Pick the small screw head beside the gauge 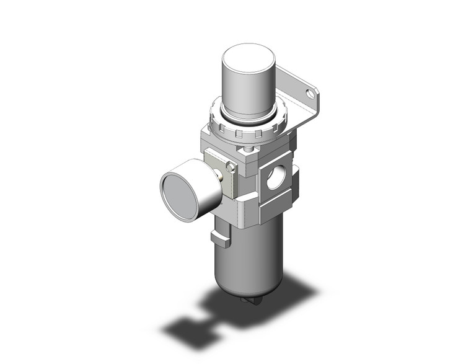pyautogui.click(x=231, y=167)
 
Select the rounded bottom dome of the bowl pyautogui.click(x=245, y=291)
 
